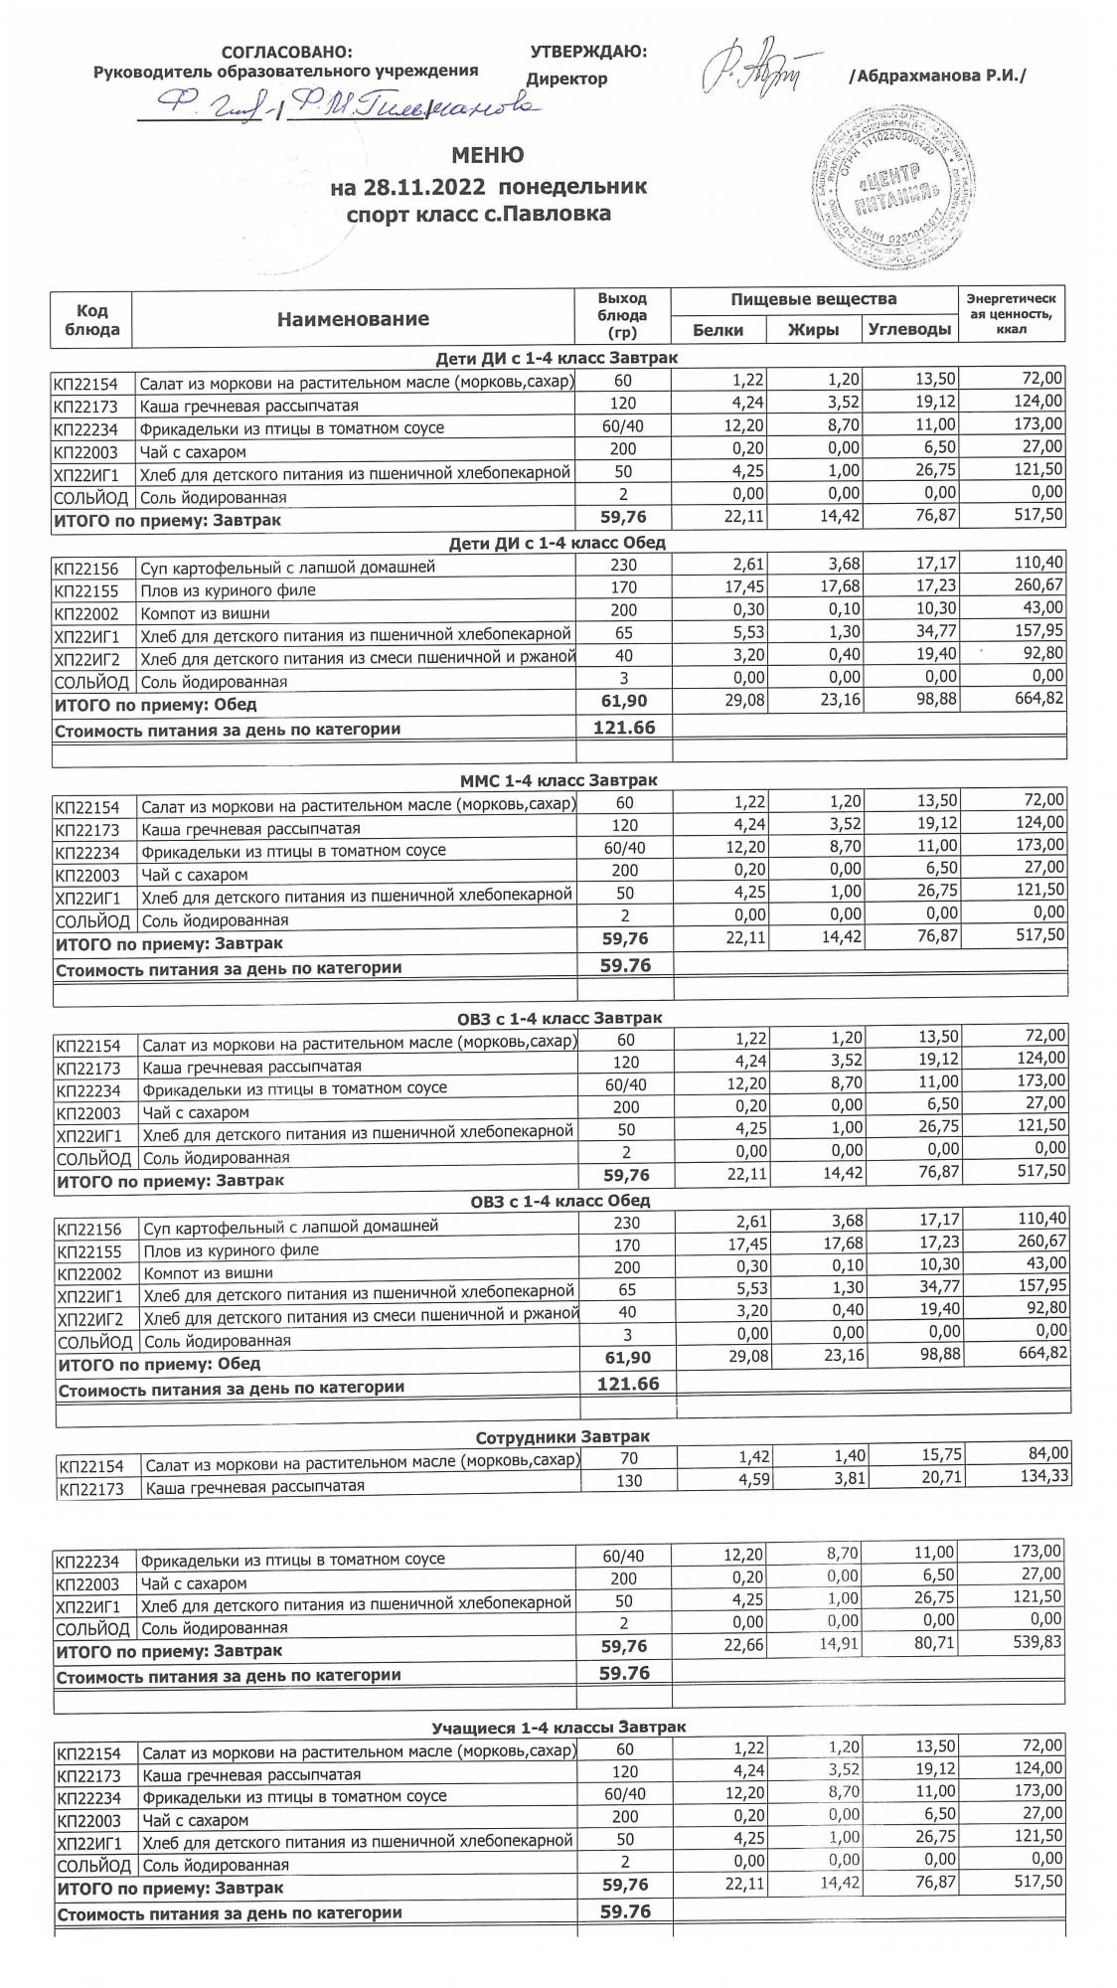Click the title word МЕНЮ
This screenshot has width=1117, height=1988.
pos(487,155)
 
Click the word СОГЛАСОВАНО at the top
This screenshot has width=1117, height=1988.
pos(286,53)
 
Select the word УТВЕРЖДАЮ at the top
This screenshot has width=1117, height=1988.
pos(588,52)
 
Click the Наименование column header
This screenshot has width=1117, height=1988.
pos(353,319)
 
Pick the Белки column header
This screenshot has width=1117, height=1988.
pos(718,330)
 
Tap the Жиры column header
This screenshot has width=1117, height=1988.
pos(813,330)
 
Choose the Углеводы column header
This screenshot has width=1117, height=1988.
pos(908,330)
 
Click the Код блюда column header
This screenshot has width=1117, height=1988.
pos(91,319)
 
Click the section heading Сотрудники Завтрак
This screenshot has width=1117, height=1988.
pos(562,1437)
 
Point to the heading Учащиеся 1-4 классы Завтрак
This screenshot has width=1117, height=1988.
pos(558,1727)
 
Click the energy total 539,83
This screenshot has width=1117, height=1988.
pos(1034,1642)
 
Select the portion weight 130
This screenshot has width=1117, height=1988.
pos(626,1480)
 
